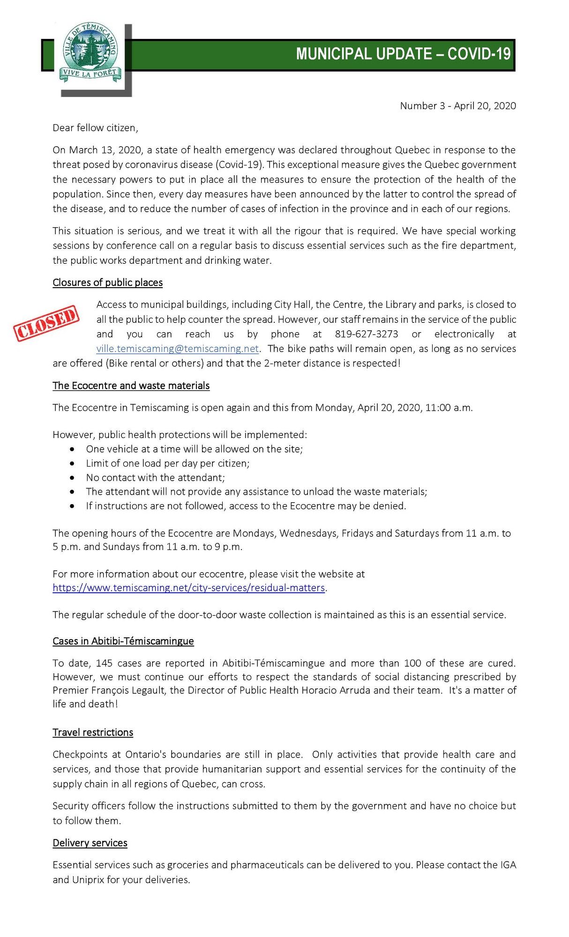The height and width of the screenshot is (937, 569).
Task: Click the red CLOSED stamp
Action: coord(46,323)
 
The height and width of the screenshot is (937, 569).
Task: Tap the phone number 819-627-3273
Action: coord(367,334)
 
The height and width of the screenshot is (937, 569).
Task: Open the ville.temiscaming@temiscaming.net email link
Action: coord(178,349)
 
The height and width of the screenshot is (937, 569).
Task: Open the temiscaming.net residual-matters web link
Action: coord(188,587)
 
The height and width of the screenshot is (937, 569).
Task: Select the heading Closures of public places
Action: coord(107,283)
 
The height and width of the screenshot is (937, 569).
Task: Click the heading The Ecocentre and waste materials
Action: coord(131,386)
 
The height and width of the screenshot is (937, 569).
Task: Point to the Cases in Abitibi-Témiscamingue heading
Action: coord(123,641)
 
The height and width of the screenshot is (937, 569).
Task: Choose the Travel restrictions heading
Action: coord(93,732)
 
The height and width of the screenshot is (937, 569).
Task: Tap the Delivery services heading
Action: coord(90,843)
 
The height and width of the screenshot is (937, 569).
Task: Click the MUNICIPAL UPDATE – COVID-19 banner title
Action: coord(403,54)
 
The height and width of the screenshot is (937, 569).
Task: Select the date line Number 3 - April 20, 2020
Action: coord(457,106)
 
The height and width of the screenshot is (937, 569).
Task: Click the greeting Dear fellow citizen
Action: coord(95,128)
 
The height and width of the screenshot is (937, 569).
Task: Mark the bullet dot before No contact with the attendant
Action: coord(72,478)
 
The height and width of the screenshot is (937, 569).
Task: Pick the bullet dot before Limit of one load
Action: coord(72,463)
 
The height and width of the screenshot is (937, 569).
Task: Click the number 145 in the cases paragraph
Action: coord(104,663)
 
